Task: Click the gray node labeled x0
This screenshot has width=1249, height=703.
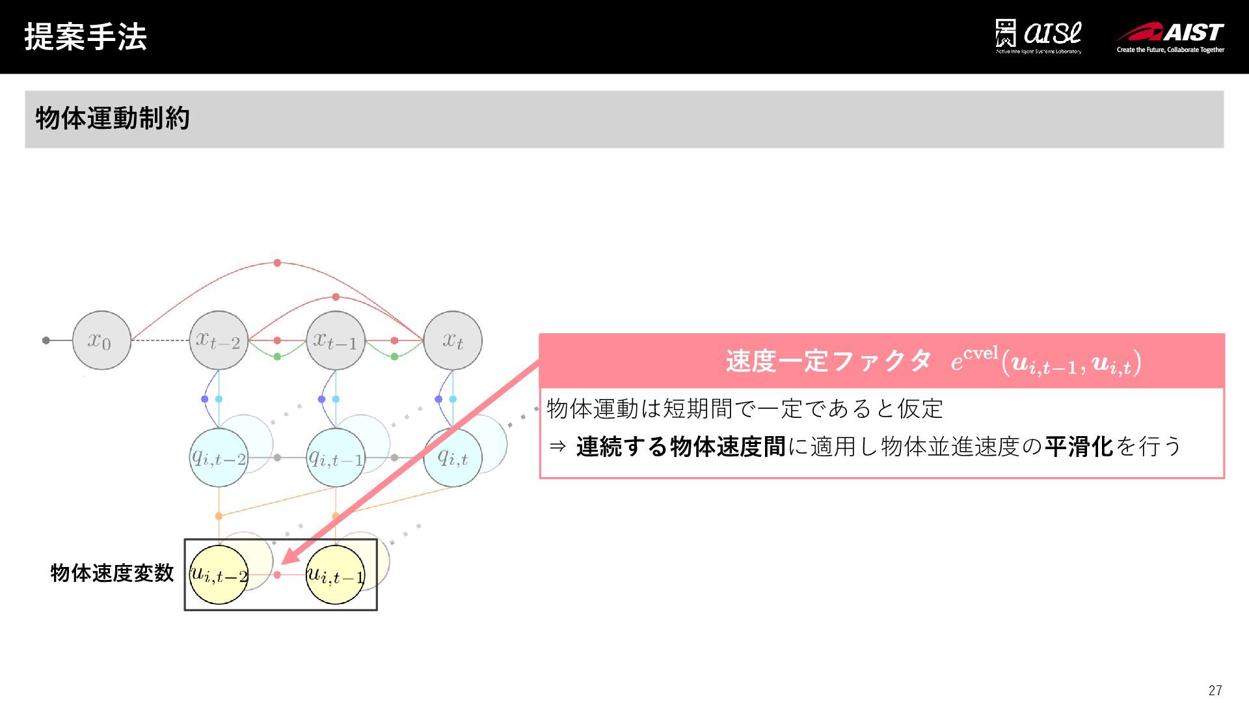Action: (101, 340)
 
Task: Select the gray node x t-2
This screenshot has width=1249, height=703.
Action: (219, 340)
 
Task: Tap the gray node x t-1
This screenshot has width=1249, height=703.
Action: (336, 340)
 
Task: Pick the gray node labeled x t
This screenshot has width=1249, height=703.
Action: (453, 340)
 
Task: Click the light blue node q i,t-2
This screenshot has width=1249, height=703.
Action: (219, 458)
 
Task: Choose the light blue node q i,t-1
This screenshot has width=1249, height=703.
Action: (336, 458)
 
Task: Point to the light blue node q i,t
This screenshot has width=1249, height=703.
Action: (453, 458)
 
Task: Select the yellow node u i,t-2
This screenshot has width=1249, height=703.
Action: (219, 575)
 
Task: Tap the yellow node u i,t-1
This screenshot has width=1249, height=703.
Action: (336, 575)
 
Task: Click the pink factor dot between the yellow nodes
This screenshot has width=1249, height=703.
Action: (277, 575)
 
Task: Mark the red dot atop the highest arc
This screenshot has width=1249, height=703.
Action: (277, 263)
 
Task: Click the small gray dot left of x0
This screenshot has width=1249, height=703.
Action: (46, 340)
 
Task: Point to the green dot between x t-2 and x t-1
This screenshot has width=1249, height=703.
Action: (277, 357)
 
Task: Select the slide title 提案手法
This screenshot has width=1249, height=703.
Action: (85, 36)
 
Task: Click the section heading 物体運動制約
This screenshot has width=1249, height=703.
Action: (113, 118)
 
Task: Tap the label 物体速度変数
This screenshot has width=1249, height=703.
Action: (112, 573)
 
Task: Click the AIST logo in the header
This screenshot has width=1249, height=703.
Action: (1171, 36)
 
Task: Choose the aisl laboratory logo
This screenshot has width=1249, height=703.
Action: (1038, 36)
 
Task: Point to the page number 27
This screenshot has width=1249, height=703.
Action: (1215, 690)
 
